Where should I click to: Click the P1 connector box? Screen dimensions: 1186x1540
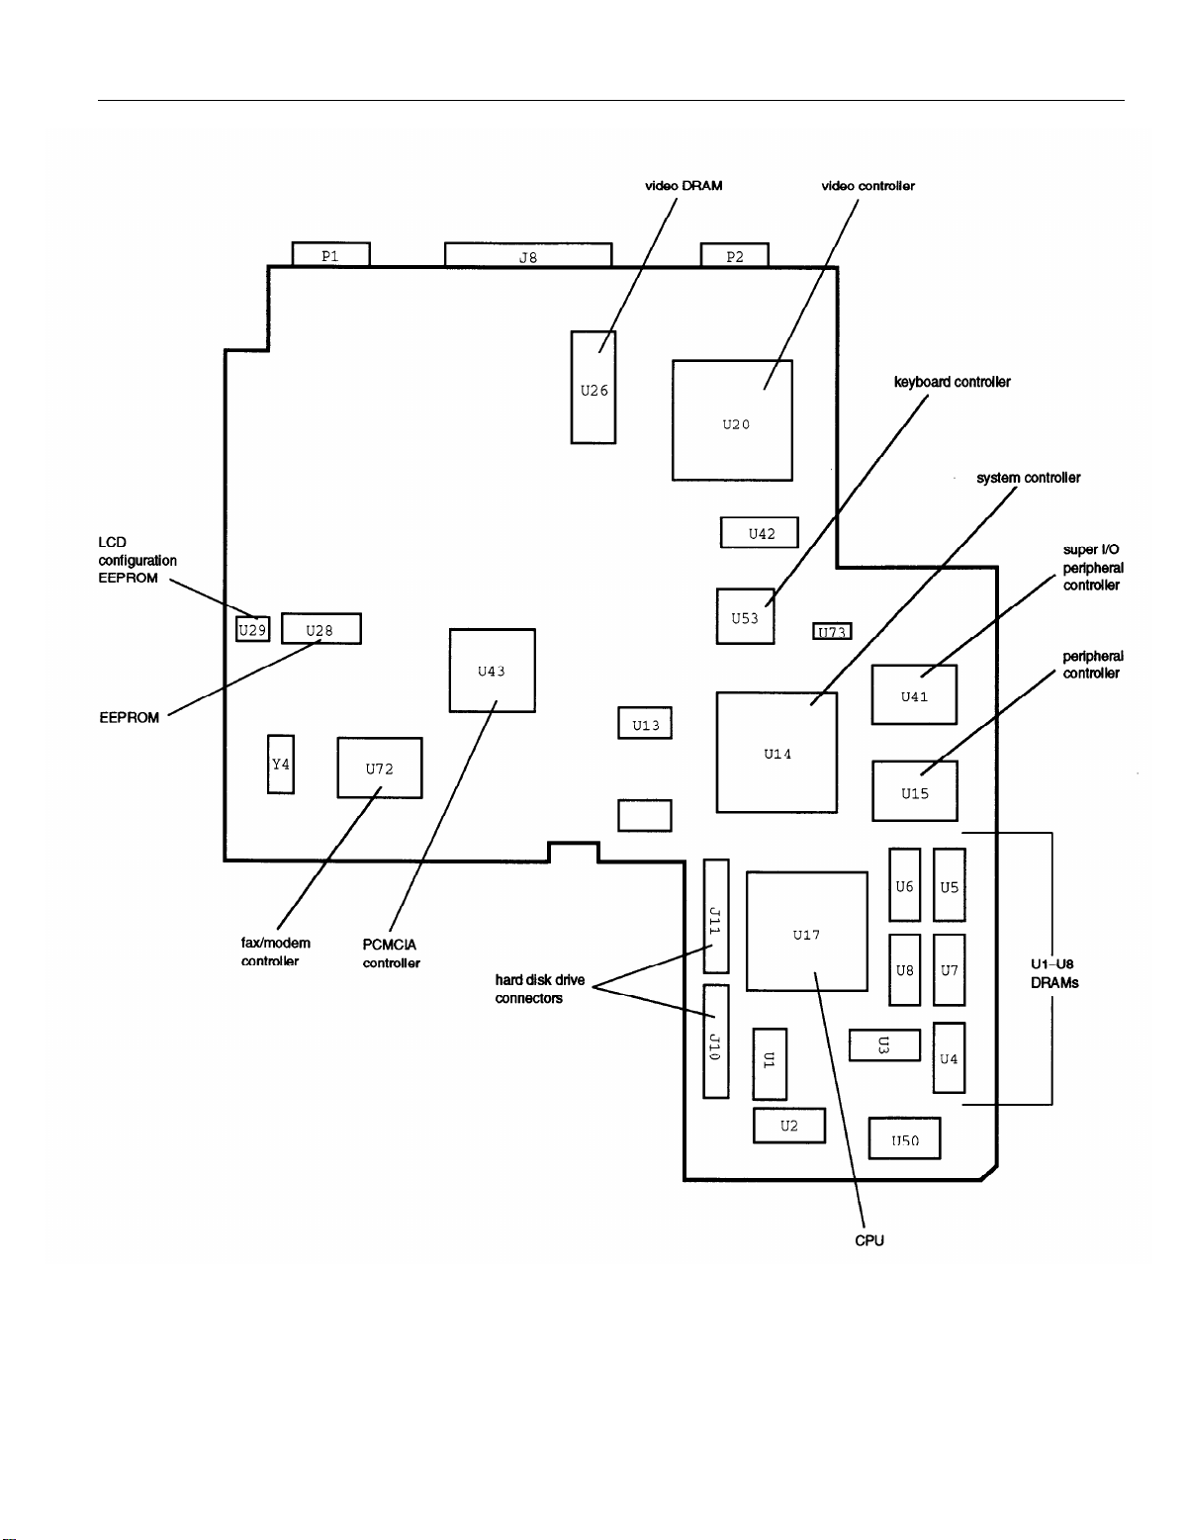(x=330, y=254)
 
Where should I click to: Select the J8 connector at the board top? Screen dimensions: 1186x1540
(x=528, y=255)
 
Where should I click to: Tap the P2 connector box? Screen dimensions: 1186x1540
(x=734, y=255)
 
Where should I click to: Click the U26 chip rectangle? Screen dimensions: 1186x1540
(x=593, y=387)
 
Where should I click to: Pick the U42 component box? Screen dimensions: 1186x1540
(x=759, y=532)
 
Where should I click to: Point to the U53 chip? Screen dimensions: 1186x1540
(x=745, y=616)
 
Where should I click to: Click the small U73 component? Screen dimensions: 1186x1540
(x=832, y=631)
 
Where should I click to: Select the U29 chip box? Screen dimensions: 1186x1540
(x=252, y=629)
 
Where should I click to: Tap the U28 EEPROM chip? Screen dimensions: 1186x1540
(x=320, y=629)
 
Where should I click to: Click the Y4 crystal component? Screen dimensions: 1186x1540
(x=281, y=764)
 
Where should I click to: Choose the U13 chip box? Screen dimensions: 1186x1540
(x=645, y=723)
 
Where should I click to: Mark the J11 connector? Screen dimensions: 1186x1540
(x=715, y=916)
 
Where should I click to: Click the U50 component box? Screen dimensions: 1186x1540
(x=904, y=1138)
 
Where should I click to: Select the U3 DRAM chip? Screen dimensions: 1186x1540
(x=884, y=1045)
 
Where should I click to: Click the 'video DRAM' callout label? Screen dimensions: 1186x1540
(x=683, y=186)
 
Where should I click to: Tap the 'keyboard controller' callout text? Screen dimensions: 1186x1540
(x=952, y=382)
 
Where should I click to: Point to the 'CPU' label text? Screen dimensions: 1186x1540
(x=868, y=1240)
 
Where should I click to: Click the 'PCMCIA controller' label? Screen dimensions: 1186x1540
(x=391, y=953)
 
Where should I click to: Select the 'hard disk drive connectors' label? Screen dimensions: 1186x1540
(x=539, y=989)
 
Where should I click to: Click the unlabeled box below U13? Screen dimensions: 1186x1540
(x=645, y=816)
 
